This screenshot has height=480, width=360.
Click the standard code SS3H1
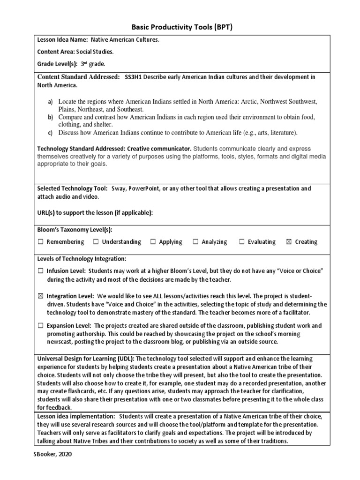point(133,76)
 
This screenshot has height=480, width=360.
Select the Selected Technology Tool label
point(73,188)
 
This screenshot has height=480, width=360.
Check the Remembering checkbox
point(41,242)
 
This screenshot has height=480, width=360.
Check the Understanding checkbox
point(96,242)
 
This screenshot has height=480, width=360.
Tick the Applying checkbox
point(153,242)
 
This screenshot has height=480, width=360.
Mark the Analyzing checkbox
point(195,242)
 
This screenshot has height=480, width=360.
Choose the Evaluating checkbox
point(242,242)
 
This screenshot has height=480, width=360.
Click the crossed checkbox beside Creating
point(288,242)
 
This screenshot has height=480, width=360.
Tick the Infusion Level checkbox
point(41,271)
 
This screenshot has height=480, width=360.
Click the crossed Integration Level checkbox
point(41,296)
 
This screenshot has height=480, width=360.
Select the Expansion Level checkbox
point(41,325)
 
